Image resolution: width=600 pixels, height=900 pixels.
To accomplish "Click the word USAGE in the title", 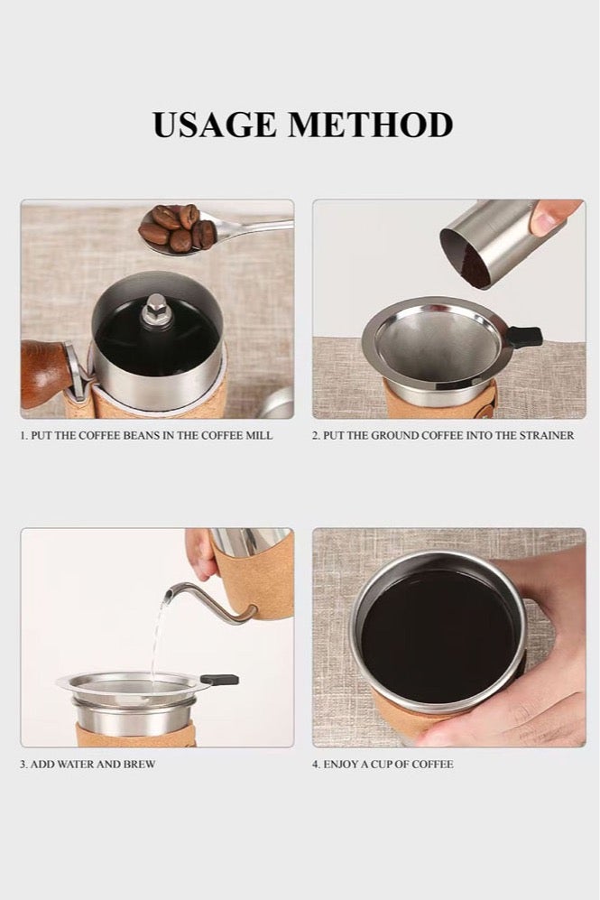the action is pos(215,125).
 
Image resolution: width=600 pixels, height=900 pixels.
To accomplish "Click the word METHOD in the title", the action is pos(371,125).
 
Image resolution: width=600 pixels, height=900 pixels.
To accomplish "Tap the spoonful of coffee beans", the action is pos(178,229).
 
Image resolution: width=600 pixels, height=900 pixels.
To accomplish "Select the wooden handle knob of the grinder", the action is pos(46,373).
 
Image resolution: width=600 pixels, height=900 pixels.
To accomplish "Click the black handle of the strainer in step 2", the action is pos(525,337).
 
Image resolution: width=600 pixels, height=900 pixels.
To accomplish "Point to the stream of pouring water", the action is pos(158,637).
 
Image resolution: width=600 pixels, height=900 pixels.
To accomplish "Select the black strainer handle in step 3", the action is pos(219,680).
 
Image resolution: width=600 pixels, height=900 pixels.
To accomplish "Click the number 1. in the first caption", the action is pos(24,436).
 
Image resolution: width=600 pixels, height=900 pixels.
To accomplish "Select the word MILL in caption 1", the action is pos(259,436).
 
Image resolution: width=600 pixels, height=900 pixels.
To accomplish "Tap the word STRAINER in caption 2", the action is pos(547,436).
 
